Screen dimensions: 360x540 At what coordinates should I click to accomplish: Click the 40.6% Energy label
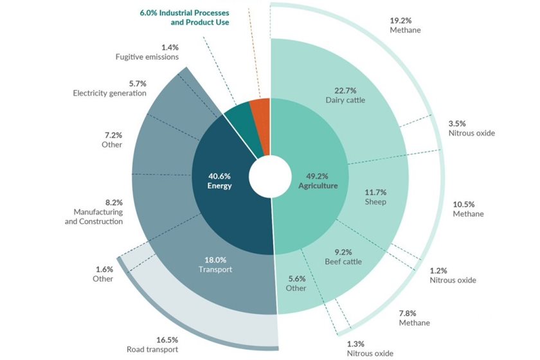tap(219, 181)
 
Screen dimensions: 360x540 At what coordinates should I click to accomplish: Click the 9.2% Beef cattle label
tap(343, 256)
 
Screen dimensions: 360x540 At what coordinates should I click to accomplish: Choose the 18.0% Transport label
tap(215, 264)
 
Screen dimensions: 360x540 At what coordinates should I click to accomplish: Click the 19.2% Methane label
tap(405, 25)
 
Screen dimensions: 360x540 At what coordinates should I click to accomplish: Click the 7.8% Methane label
tap(414, 317)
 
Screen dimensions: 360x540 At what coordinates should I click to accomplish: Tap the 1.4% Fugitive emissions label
tap(147, 52)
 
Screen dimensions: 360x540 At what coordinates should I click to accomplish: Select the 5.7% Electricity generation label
tap(110, 89)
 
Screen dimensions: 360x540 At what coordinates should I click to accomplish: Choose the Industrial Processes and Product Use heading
tap(184, 17)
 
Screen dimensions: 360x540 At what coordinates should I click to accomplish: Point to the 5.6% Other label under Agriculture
tap(296, 283)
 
